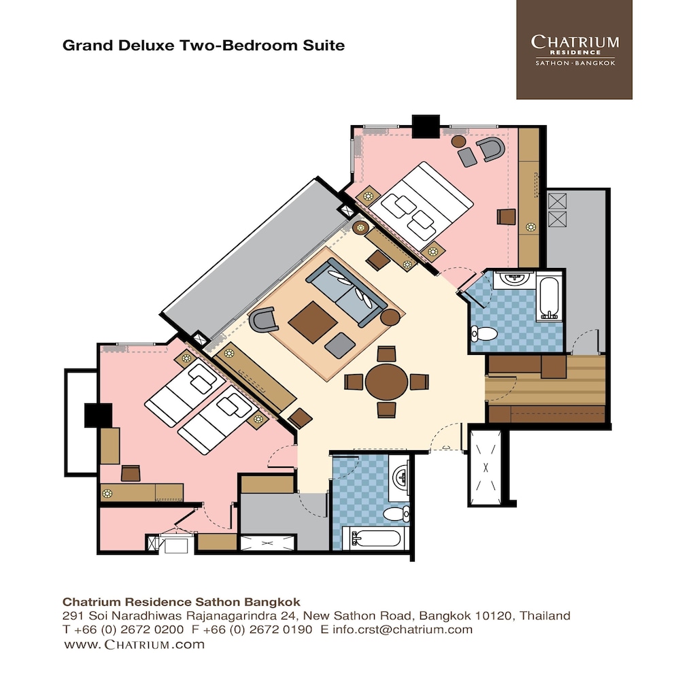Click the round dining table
(386, 381)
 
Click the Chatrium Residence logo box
(574, 50)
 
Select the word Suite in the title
(325, 46)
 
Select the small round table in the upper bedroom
(459, 141)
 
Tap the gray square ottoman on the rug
(338, 347)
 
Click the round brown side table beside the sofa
(390, 317)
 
